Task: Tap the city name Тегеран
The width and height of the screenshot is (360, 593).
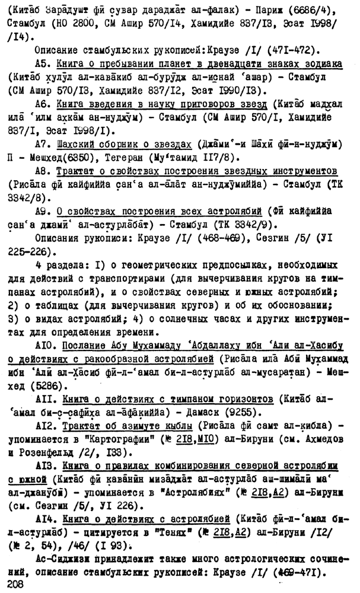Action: (x=117, y=157)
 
